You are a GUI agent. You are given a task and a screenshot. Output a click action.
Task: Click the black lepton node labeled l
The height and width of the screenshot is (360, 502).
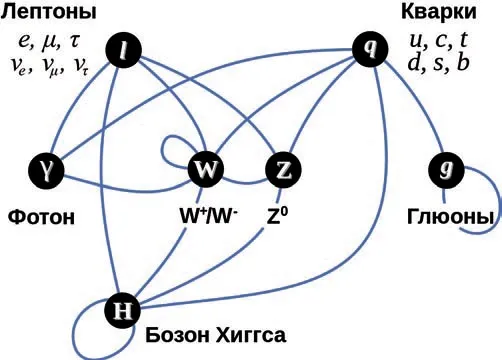click(123, 50)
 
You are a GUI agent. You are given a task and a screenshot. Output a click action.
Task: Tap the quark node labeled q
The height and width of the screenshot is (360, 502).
click(370, 49)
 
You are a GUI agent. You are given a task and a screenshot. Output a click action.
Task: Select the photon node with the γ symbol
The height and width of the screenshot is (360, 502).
click(46, 171)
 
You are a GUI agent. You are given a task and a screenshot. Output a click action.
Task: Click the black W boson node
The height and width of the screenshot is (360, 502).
click(206, 170)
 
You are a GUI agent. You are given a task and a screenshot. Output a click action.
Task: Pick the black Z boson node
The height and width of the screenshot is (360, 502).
click(283, 170)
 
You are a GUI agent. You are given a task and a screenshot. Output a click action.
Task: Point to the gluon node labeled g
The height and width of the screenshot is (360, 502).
click(446, 170)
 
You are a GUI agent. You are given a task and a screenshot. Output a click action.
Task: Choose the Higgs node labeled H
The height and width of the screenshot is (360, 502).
click(122, 310)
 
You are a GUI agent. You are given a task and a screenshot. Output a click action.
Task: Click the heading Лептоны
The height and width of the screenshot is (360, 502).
click(49, 12)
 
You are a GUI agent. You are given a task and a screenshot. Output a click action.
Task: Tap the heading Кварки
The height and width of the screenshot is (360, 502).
click(438, 12)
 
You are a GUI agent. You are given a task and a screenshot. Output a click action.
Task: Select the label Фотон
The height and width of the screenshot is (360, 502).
click(41, 217)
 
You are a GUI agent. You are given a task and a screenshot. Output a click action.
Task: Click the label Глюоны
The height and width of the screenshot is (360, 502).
click(450, 217)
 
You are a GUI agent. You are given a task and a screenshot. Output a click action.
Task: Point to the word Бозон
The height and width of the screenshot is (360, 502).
click(178, 335)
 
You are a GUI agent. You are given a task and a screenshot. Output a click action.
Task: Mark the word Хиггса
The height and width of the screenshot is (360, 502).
click(251, 335)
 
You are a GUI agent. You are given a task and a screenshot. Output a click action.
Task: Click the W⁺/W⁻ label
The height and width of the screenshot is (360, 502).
click(209, 216)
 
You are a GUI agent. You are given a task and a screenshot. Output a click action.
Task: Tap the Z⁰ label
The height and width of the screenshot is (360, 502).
click(277, 216)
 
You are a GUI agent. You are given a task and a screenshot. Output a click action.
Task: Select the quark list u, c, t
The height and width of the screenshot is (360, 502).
click(438, 40)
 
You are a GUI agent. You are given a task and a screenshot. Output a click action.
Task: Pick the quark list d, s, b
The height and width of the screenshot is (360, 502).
click(438, 62)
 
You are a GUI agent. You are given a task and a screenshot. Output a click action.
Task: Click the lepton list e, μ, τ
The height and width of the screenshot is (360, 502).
click(49, 42)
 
